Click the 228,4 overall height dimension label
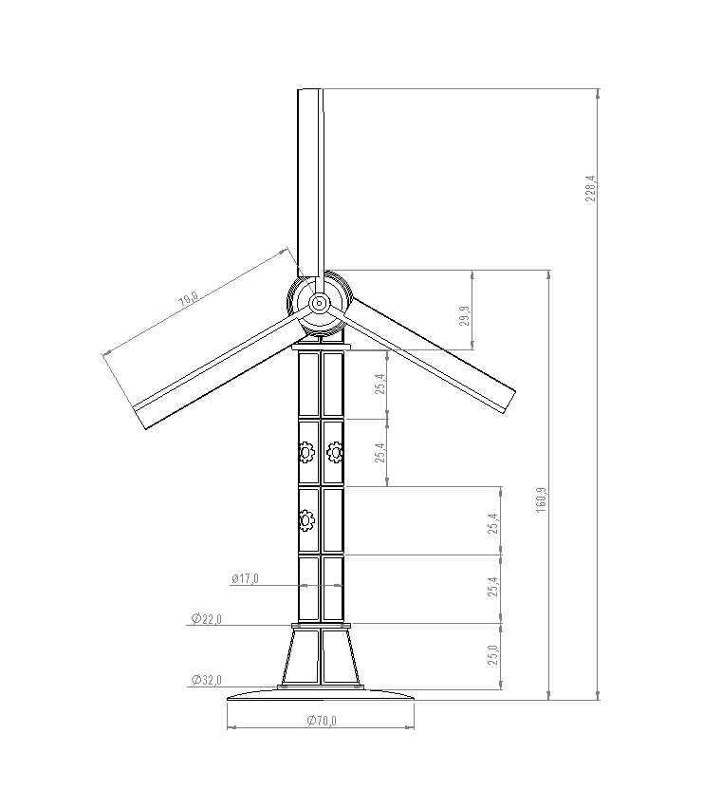click(591, 188)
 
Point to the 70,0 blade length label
click(189, 300)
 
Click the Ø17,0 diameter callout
click(246, 579)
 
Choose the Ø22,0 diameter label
click(207, 618)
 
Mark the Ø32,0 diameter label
click(207, 680)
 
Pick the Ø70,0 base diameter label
click(322, 721)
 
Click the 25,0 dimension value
click(493, 655)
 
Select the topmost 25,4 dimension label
click(380, 384)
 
